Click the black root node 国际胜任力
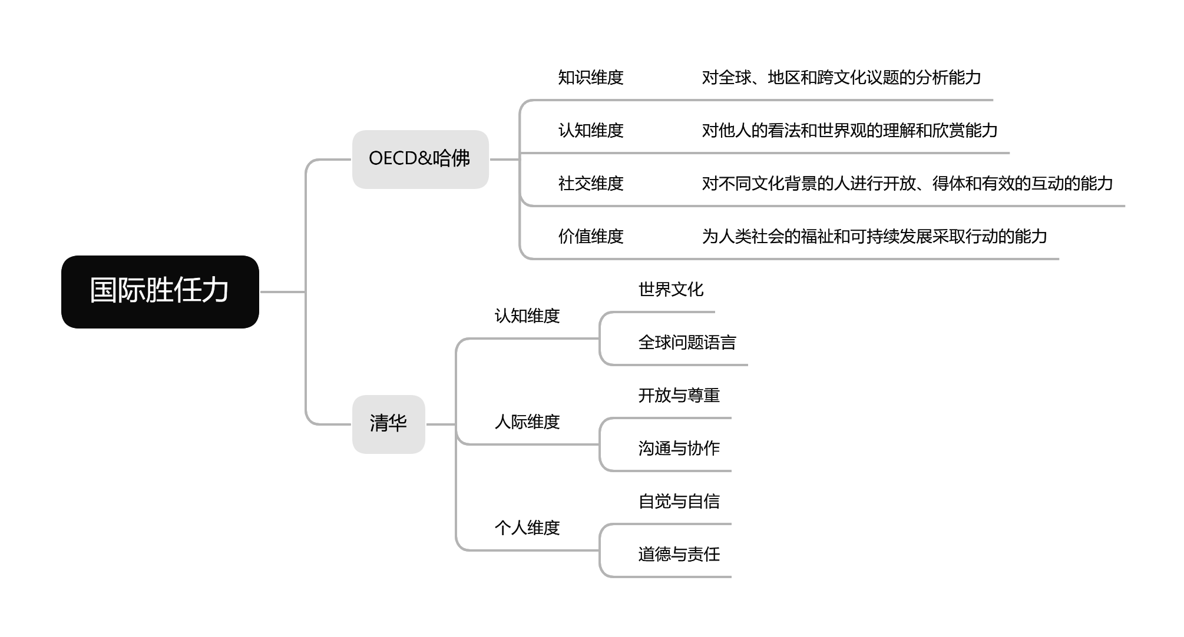(160, 291)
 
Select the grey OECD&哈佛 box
(420, 159)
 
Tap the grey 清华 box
(388, 424)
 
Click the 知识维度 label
(591, 78)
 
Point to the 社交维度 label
(591, 184)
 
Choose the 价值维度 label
(591, 237)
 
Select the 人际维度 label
(527, 422)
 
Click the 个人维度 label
(527, 528)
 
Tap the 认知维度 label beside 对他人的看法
(591, 131)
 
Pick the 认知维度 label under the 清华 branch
(527, 316)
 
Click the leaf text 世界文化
(671, 290)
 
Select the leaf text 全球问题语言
(687, 343)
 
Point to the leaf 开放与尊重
(679, 396)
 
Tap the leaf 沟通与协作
(679, 449)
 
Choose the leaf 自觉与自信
(679, 502)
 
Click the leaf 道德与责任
(679, 555)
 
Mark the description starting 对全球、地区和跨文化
(841, 78)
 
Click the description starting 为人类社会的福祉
(874, 237)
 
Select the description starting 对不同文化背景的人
(907, 184)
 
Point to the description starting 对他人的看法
(849, 131)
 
